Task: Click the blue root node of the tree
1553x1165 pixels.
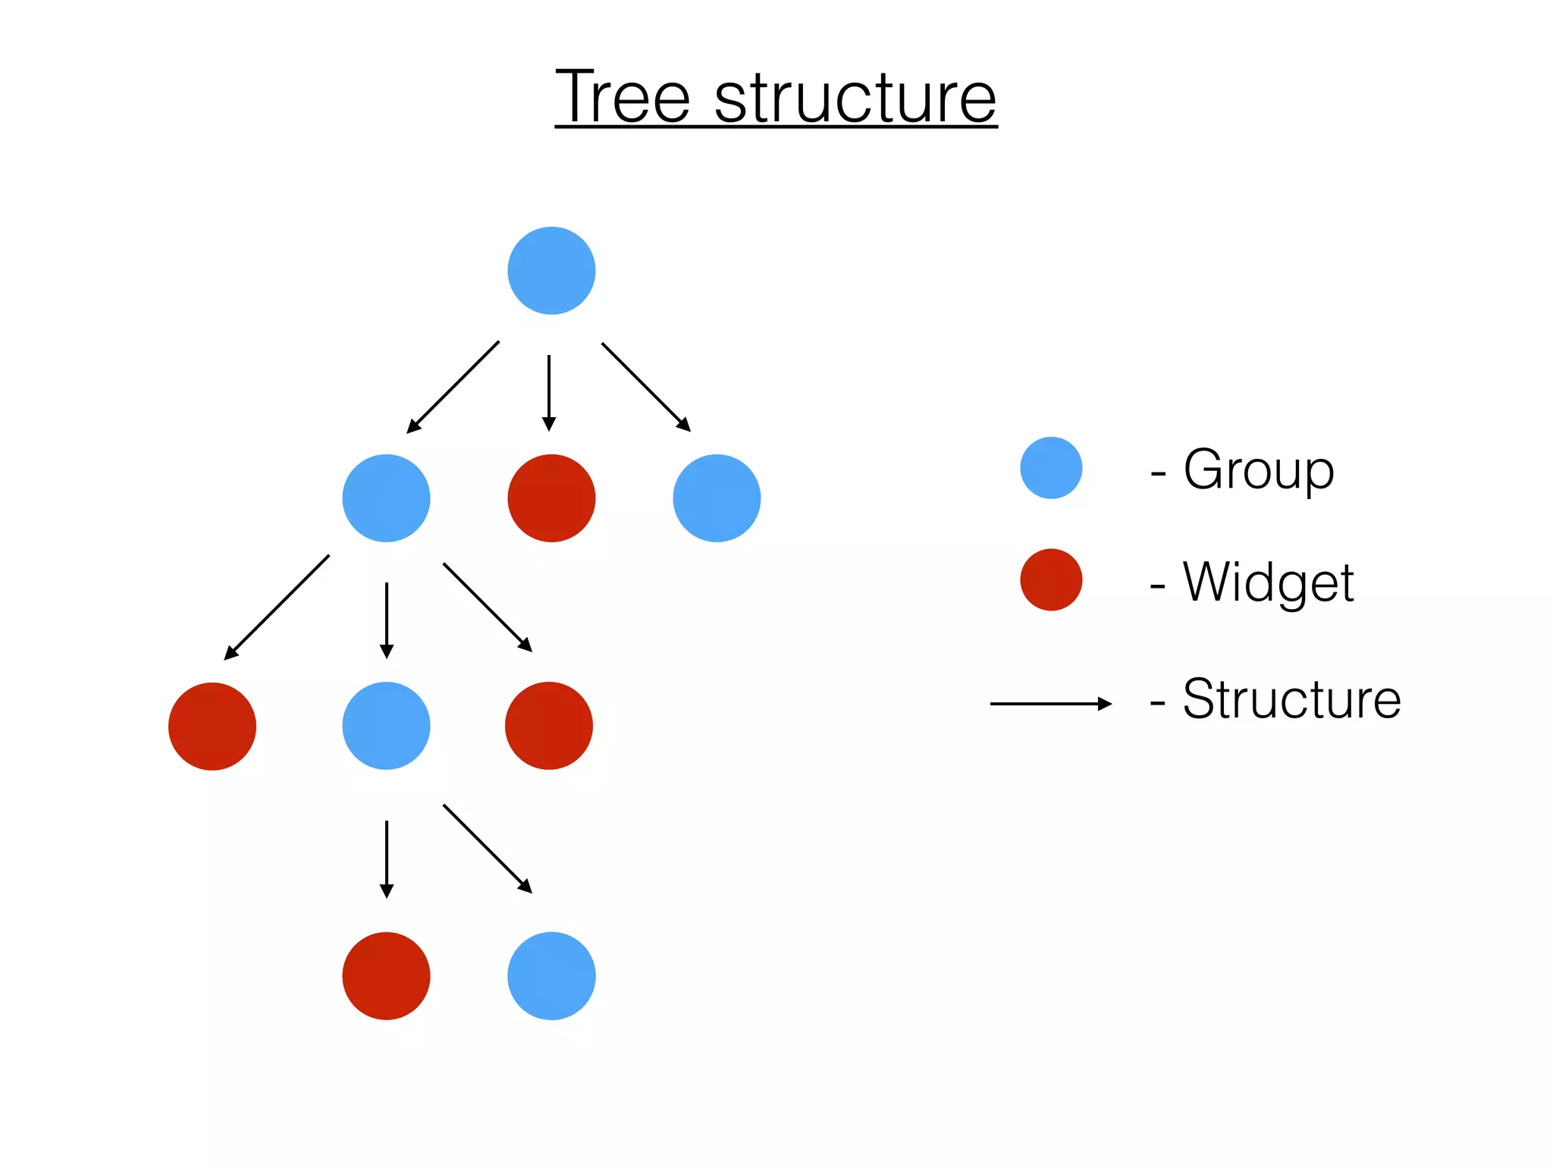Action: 551,271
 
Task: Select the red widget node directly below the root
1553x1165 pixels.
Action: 551,498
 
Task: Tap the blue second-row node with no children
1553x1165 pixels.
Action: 717,498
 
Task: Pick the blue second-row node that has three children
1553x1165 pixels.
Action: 386,498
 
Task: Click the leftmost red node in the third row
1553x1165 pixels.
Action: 212,726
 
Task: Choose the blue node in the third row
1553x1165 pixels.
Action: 386,726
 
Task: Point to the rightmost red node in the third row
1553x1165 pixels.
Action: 549,726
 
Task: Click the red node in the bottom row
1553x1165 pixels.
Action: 386,976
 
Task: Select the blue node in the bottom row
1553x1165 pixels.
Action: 551,976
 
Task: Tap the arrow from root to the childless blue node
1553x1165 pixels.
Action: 645,387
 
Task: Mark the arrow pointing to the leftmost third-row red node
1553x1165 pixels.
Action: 278,607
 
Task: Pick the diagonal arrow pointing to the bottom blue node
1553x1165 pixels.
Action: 488,849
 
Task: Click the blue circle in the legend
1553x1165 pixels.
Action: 1051,468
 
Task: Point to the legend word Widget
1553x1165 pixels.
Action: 1268,582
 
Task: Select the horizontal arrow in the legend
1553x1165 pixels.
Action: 1050,704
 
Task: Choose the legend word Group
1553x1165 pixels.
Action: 1258,470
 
